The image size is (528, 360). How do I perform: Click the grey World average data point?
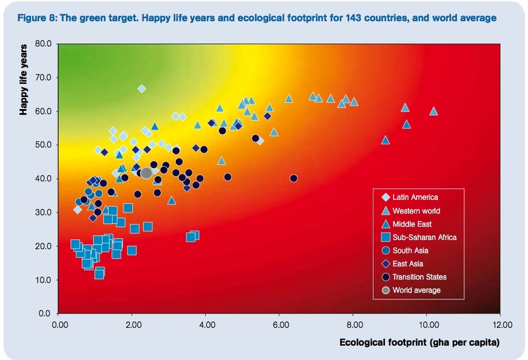click(146, 173)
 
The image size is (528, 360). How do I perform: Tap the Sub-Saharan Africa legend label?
click(425, 237)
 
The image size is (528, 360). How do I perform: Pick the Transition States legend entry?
click(419, 277)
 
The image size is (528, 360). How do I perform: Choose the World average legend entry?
click(417, 290)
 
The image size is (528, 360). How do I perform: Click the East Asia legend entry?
click(408, 264)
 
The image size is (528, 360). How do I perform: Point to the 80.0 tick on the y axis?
click(44, 44)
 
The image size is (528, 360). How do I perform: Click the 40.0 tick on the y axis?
click(44, 179)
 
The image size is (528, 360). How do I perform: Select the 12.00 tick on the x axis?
click(500, 324)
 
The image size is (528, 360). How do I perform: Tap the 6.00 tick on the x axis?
click(280, 324)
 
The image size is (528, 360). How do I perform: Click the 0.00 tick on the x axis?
click(60, 324)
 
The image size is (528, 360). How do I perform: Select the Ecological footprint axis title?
click(419, 343)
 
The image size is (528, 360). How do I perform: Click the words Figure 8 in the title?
click(37, 18)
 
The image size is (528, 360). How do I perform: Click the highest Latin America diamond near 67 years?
click(142, 88)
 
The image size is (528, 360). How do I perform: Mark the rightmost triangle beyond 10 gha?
click(434, 111)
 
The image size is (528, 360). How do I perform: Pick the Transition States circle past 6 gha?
click(294, 179)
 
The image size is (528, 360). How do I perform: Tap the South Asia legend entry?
click(410, 250)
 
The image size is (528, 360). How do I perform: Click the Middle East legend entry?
click(412, 224)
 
